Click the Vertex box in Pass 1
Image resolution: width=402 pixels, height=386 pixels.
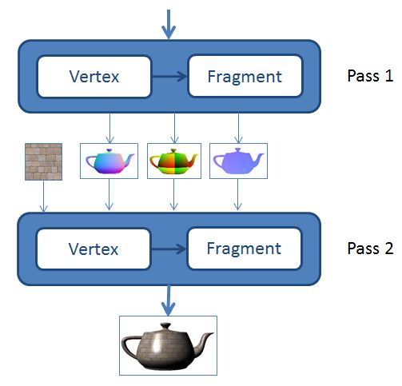(94, 77)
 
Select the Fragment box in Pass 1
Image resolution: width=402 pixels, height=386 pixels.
(245, 76)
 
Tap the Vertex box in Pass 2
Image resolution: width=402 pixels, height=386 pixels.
(94, 249)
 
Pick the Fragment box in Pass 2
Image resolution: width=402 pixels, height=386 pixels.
(245, 249)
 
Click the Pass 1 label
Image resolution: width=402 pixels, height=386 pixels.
(370, 76)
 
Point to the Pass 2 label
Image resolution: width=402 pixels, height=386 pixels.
(370, 249)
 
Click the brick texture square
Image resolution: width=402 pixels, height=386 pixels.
(43, 161)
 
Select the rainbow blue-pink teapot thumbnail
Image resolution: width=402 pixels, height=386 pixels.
(109, 161)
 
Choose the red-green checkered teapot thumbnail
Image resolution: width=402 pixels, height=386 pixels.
(174, 161)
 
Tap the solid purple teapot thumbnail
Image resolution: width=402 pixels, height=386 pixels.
(238, 161)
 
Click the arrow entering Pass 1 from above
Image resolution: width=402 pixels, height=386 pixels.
(169, 25)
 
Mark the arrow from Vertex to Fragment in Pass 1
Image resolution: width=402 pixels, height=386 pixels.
(169, 77)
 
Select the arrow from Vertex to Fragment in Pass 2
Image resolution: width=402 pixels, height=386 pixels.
(169, 249)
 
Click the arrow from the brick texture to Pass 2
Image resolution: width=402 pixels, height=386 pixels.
(44, 197)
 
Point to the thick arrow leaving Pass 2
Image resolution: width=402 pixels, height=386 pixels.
(169, 300)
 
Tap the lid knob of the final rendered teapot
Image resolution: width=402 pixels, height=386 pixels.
(165, 326)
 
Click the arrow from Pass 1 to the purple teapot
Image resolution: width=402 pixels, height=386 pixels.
(238, 129)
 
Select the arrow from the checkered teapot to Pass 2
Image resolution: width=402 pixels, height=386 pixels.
(173, 194)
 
